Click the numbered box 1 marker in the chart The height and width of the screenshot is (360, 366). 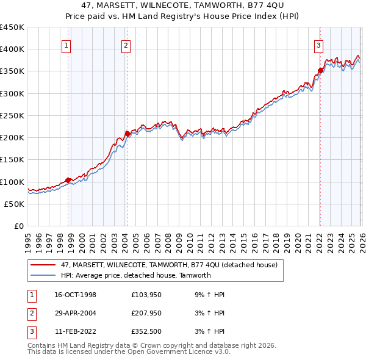click(x=65, y=45)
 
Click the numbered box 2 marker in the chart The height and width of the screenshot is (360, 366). click(x=125, y=45)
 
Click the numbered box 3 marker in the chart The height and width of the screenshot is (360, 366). click(x=318, y=45)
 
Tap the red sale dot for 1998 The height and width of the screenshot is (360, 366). click(x=68, y=180)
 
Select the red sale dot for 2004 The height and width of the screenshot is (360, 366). click(x=127, y=134)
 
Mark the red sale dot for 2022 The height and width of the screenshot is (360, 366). click(x=320, y=70)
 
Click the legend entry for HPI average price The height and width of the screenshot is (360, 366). click(x=135, y=275)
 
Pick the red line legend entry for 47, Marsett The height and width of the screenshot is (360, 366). click(x=169, y=265)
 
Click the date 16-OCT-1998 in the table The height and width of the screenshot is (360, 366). click(x=75, y=295)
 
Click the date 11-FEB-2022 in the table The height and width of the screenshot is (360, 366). click(x=75, y=333)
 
